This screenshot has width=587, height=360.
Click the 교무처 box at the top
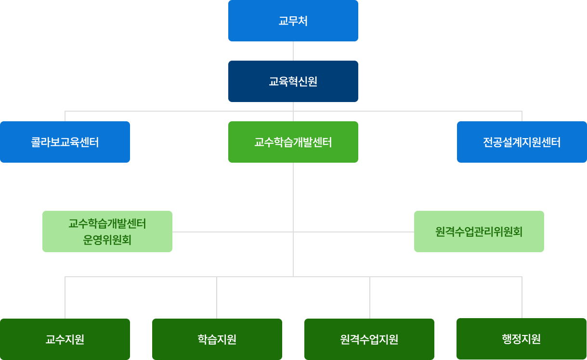293,21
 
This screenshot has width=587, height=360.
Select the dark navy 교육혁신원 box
293,81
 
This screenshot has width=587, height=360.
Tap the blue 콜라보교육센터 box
65,142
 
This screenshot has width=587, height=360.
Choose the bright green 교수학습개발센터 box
293,142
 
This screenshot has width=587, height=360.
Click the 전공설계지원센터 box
522,142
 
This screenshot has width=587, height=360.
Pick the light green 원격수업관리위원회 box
479,231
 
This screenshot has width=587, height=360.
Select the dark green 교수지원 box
65,339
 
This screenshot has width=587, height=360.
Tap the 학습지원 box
217,339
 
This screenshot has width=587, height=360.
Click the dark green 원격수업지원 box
369,339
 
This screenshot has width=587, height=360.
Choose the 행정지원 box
521,339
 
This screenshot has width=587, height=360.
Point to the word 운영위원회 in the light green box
107,240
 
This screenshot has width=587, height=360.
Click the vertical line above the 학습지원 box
217,297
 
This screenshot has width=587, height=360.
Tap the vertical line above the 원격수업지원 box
370,297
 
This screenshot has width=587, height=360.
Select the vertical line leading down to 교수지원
65,297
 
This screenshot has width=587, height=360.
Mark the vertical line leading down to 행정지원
522,297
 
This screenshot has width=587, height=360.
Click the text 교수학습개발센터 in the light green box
107,224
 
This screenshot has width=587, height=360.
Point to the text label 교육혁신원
293,81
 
